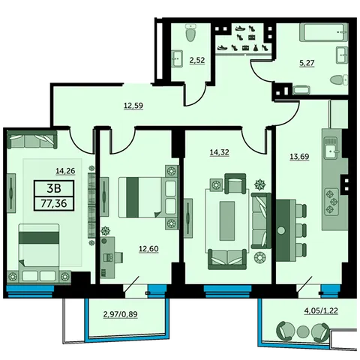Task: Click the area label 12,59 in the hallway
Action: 133,106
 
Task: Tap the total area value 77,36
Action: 54,203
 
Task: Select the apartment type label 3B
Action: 54,188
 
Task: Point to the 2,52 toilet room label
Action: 197,60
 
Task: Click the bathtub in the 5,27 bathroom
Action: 323,32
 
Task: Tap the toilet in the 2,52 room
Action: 192,32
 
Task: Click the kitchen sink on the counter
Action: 331,148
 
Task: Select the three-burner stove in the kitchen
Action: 331,202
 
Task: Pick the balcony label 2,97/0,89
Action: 121,314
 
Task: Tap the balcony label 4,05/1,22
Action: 321,310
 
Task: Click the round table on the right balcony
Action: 303,331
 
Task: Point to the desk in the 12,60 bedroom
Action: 107,257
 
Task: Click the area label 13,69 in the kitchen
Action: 299,157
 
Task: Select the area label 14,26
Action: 65,171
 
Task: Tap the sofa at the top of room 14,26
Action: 31,139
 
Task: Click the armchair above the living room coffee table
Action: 235,184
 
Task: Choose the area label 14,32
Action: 219,152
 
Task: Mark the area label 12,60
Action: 148,249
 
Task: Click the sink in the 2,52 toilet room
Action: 177,58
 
